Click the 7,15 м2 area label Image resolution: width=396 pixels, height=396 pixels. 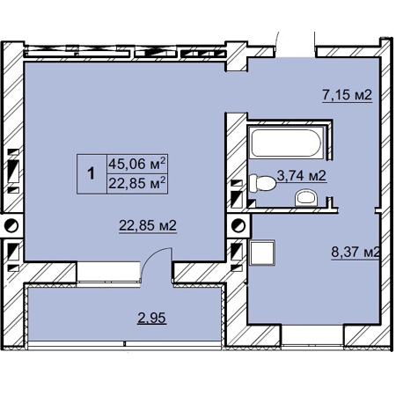tap(347, 95)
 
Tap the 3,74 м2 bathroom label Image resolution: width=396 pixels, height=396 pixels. tap(302, 176)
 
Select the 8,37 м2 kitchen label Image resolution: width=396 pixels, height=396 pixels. tap(356, 252)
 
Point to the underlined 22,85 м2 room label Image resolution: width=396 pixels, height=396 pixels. tap(148, 225)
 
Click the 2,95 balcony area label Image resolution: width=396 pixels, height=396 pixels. tap(151, 318)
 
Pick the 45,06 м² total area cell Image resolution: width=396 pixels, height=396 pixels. tap(137, 164)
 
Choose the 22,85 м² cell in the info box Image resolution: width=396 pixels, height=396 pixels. tap(137, 184)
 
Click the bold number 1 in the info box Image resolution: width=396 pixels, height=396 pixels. tap(92, 173)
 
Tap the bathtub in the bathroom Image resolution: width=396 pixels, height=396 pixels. tap(286, 143)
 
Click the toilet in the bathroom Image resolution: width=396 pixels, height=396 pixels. tap(262, 183)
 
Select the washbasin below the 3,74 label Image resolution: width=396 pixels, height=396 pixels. tap(305, 198)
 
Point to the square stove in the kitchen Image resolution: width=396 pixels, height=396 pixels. tap(262, 253)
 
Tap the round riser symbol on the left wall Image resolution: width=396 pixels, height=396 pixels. tap(11, 226)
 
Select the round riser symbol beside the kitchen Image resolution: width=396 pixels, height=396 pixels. tap(238, 226)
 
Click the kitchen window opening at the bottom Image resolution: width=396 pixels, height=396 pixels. tap(312, 334)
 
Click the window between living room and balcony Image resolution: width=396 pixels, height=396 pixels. tap(108, 272)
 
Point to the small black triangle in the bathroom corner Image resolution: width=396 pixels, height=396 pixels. tap(253, 203)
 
